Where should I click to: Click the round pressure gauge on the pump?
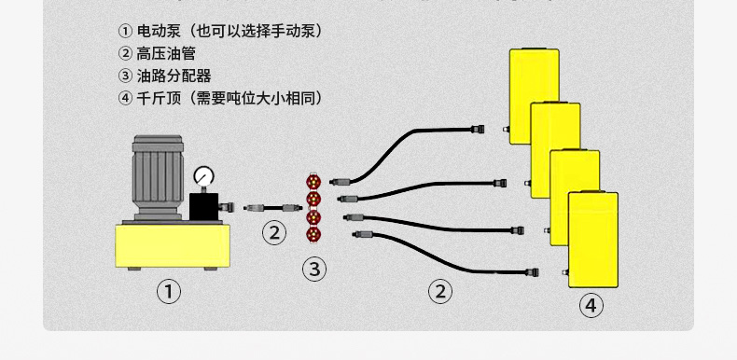pyautogui.click(x=204, y=176)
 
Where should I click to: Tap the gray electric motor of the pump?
pyautogui.click(x=158, y=177)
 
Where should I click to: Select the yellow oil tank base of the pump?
pyautogui.click(x=173, y=246)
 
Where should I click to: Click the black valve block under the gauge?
pyautogui.click(x=204, y=207)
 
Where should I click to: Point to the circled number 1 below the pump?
pyautogui.click(x=168, y=292)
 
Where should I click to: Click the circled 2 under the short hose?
pyautogui.click(x=274, y=232)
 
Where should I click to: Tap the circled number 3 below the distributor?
pyautogui.click(x=314, y=270)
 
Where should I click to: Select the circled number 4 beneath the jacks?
pyautogui.click(x=591, y=306)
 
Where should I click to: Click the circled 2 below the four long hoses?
pyautogui.click(x=440, y=292)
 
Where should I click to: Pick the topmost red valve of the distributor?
pyautogui.click(x=313, y=181)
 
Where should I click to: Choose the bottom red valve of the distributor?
pyautogui.click(x=313, y=234)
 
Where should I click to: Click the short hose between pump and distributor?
pyautogui.click(x=273, y=207)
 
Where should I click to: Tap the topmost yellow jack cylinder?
pyautogui.click(x=535, y=96)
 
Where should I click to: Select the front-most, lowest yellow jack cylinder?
pyautogui.click(x=593, y=240)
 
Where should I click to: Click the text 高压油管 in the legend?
pyautogui.click(x=166, y=53)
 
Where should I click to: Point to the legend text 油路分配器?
pyautogui.click(x=174, y=76)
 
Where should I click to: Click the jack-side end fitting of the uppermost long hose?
pyautogui.click(x=477, y=129)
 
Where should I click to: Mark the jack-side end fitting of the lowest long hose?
pyautogui.click(x=532, y=272)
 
